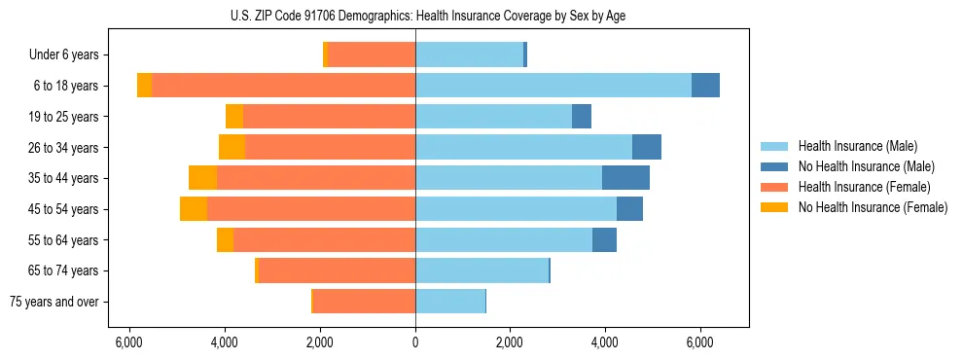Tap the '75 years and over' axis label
(53, 302)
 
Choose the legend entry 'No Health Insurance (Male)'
(866, 166)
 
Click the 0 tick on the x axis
(415, 342)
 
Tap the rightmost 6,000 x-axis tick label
(700, 342)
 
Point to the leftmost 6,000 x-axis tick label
(129, 342)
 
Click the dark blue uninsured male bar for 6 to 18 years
(705, 86)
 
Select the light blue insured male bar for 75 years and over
(449, 302)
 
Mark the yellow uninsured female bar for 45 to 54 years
(194, 209)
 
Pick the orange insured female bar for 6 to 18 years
(283, 86)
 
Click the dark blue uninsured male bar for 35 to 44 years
(625, 178)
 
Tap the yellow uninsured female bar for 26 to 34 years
(232, 147)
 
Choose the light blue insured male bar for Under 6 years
(469, 55)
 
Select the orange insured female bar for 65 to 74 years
(337, 270)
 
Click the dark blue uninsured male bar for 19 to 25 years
(582, 117)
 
